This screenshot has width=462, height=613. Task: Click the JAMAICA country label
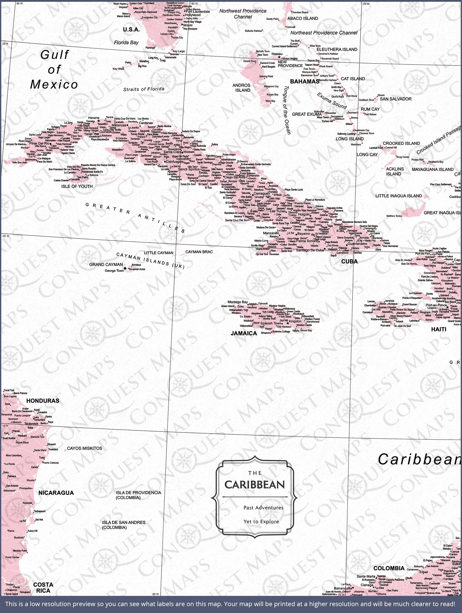(244, 333)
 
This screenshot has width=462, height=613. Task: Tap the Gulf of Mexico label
(54, 69)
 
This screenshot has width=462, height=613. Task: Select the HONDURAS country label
(43, 400)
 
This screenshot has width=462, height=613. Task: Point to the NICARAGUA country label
(56, 493)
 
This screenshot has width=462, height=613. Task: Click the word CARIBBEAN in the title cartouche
(255, 485)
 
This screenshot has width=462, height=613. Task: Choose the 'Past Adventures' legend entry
(263, 508)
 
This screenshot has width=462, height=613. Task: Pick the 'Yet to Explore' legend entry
(261, 522)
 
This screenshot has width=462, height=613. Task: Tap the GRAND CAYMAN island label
(106, 264)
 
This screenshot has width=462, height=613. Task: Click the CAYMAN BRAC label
(199, 252)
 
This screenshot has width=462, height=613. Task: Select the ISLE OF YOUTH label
(77, 186)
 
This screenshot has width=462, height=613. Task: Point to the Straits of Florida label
(144, 89)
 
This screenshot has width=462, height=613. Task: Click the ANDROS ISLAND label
(241, 88)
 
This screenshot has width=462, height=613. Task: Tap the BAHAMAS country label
(305, 81)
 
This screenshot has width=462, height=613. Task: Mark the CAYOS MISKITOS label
(85, 448)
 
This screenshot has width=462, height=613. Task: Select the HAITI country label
(439, 329)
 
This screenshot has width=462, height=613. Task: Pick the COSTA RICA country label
(43, 587)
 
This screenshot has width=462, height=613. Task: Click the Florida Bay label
(126, 43)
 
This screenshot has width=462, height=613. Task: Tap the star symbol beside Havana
(98, 121)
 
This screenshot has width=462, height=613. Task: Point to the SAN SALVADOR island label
(396, 99)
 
